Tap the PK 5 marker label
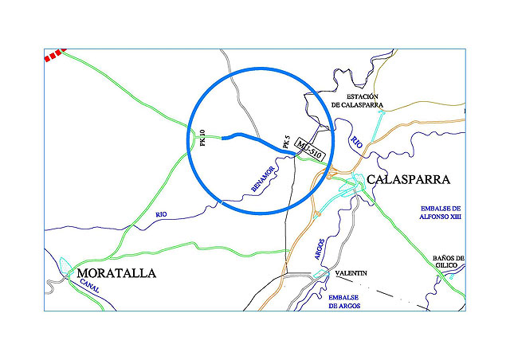[286, 143]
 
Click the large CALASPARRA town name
[409, 180]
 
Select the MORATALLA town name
[116, 273]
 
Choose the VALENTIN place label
[351, 274]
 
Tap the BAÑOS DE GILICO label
[448, 262]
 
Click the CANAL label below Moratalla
[88, 288]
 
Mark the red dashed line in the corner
[53, 56]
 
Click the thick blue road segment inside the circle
[255, 137]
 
